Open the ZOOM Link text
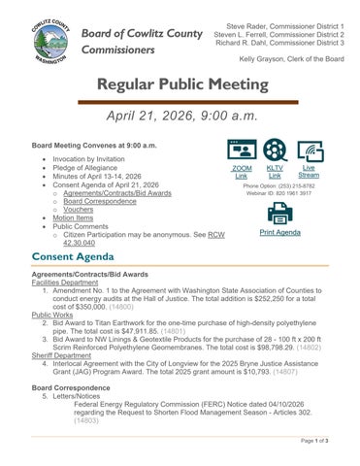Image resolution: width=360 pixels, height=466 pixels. (243, 172)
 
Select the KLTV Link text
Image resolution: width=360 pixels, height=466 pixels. (275, 172)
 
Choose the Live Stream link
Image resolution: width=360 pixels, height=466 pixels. (309, 172)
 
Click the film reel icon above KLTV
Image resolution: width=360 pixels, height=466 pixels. (275, 150)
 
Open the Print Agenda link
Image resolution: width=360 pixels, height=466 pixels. (280, 233)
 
